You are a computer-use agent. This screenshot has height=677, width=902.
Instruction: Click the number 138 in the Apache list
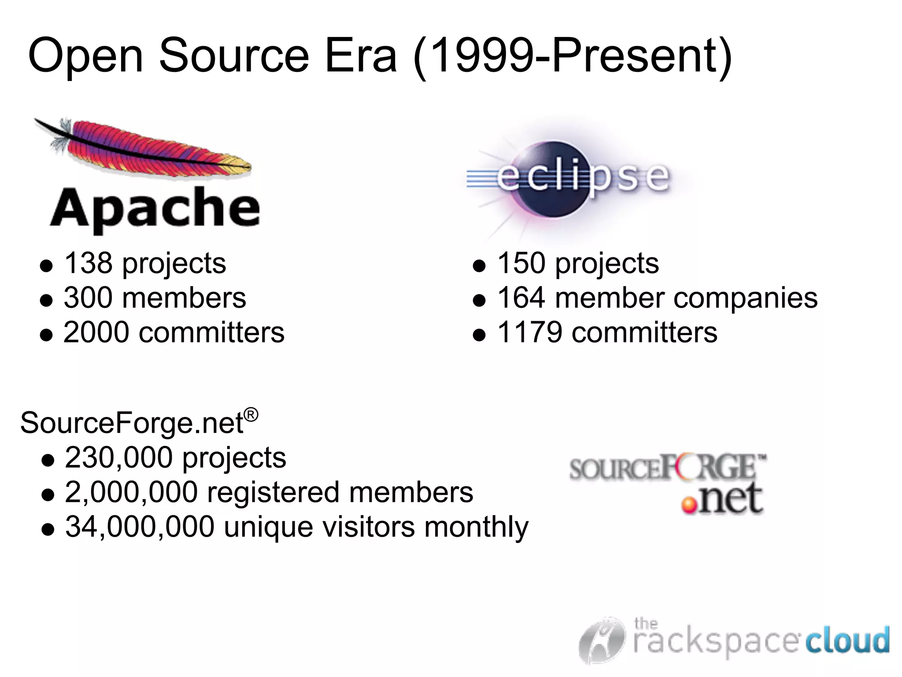click(x=88, y=263)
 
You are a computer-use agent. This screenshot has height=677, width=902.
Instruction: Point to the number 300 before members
click(x=88, y=298)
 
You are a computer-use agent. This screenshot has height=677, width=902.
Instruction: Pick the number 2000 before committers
click(x=96, y=332)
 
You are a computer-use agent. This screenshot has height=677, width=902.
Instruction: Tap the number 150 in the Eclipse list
click(x=521, y=263)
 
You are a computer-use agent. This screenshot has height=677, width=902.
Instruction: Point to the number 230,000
click(x=118, y=458)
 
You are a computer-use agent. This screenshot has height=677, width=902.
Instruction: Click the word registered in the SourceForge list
click(x=273, y=493)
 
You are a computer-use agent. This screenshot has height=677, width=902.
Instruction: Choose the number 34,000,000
click(x=140, y=527)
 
